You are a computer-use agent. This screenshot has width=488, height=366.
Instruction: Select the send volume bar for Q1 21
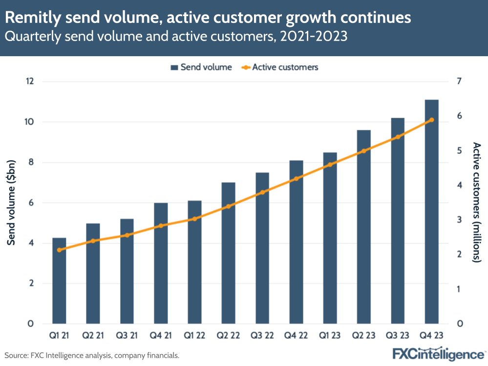[59, 280]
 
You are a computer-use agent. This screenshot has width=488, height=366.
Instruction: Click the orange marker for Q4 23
[432, 120]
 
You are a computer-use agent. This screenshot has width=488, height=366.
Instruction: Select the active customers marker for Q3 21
[127, 235]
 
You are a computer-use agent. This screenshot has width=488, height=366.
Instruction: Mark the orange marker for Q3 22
[262, 192]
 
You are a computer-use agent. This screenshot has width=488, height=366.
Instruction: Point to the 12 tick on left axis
[30, 81]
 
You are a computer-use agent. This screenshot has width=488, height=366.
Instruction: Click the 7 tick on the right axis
[459, 81]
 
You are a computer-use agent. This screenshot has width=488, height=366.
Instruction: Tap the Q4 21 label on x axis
[161, 337]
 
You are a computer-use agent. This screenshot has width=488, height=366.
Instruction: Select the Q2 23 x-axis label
[364, 337]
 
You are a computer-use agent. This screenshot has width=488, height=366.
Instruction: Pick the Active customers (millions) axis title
[477, 202]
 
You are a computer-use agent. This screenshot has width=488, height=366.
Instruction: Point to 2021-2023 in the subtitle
[313, 37]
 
